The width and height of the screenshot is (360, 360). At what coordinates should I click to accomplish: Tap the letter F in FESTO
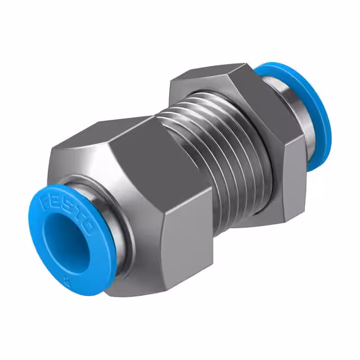tap(43, 197)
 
